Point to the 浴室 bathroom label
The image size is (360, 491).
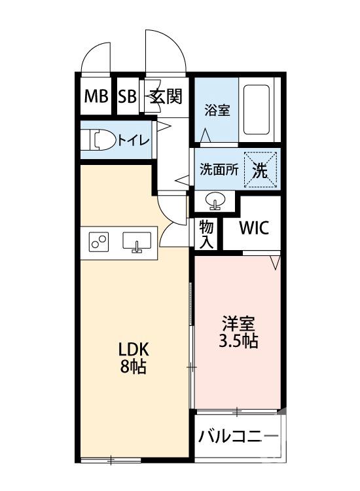coord(215,111)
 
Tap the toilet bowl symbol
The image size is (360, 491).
coord(100,139)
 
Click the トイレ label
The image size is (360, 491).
coord(134,140)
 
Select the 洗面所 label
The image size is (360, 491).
coord(219,169)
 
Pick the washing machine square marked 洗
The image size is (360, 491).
coord(260,169)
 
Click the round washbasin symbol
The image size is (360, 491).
coord(215,200)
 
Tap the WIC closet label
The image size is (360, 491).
coord(253,228)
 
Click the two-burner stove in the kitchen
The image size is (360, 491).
coord(100,243)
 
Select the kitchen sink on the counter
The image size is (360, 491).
coord(137,243)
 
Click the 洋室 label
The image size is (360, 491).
coord(238,323)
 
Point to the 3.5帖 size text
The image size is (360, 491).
coord(238,341)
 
